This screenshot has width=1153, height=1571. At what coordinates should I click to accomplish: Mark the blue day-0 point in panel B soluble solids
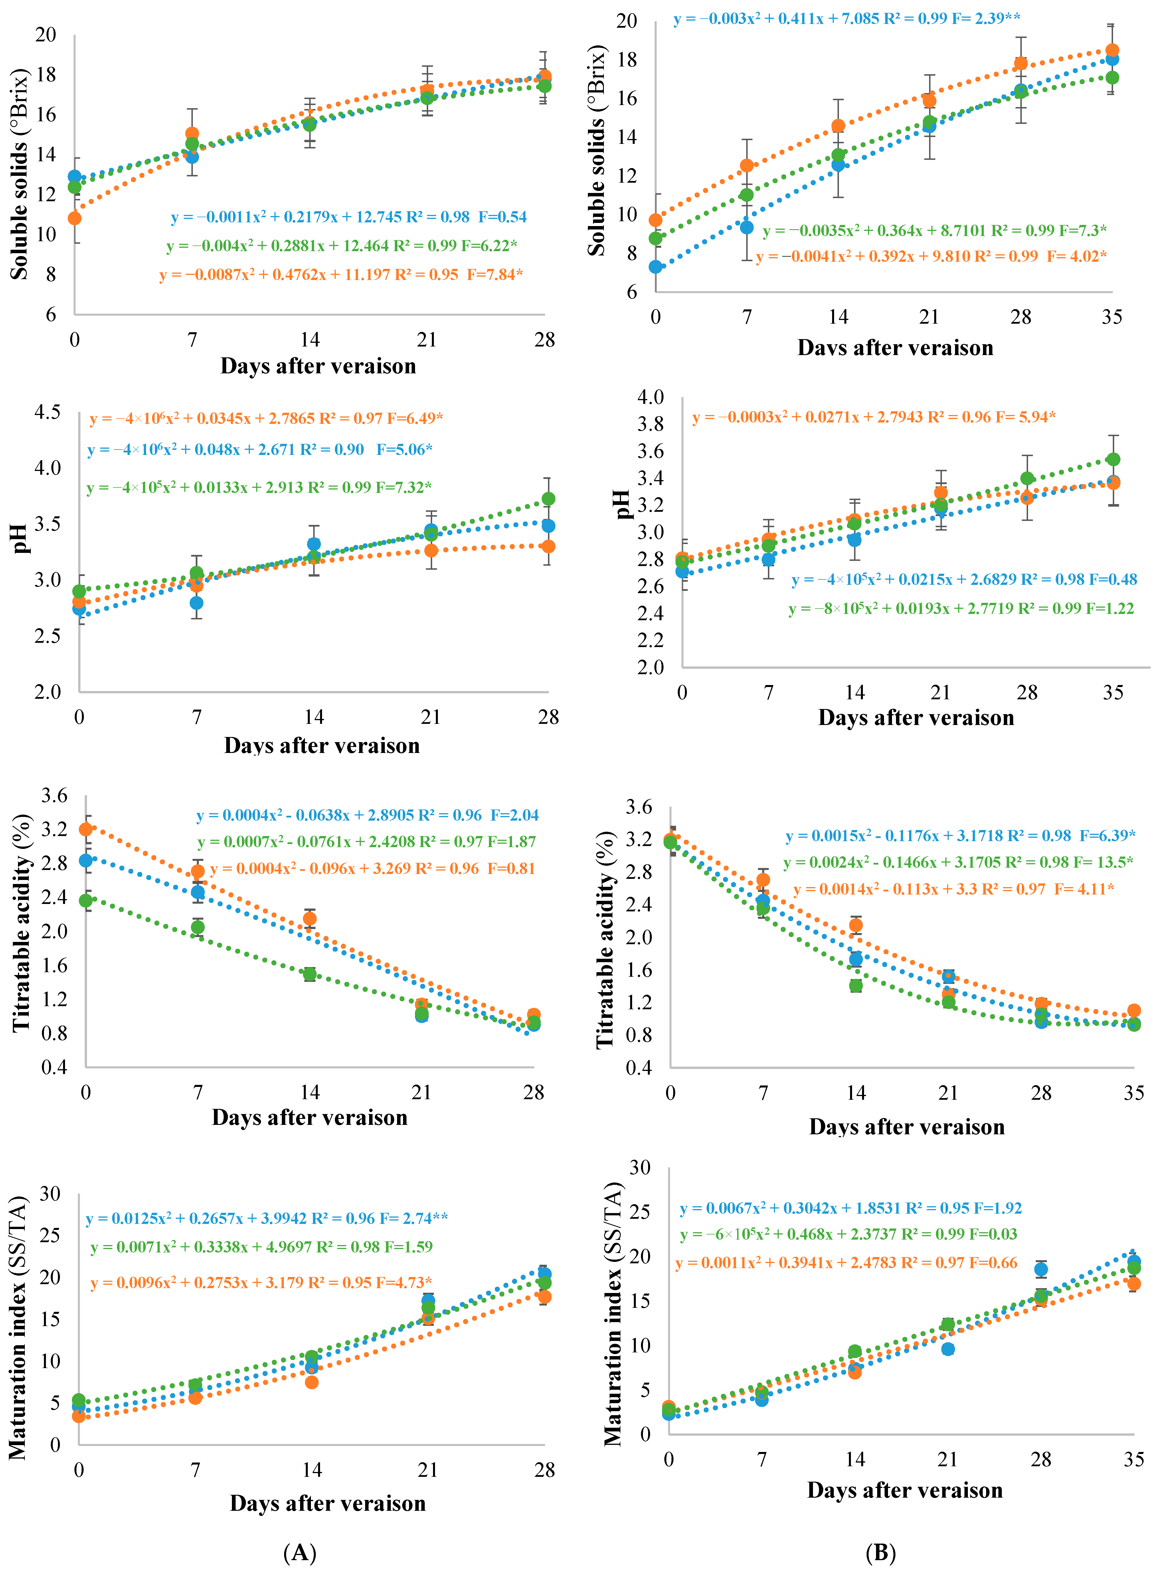pos(655,267)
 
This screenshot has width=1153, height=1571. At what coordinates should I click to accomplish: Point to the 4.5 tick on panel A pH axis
pos(47,412)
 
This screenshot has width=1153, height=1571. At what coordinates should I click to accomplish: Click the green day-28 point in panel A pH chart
pos(549,499)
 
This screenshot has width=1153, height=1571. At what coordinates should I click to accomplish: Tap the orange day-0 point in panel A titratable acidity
pos(86,829)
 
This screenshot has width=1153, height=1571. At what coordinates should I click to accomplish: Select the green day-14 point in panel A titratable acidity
pos(310,974)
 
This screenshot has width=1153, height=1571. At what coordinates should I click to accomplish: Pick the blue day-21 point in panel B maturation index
pos(948,1349)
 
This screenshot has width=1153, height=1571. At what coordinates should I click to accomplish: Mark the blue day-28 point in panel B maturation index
pos(1041,1269)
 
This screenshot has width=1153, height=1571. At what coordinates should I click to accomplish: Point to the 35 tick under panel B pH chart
pos(1113,693)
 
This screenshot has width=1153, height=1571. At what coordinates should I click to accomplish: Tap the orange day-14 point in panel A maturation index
pos(312,1382)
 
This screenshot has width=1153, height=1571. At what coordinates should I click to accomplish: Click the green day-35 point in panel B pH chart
pos(1113,460)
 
